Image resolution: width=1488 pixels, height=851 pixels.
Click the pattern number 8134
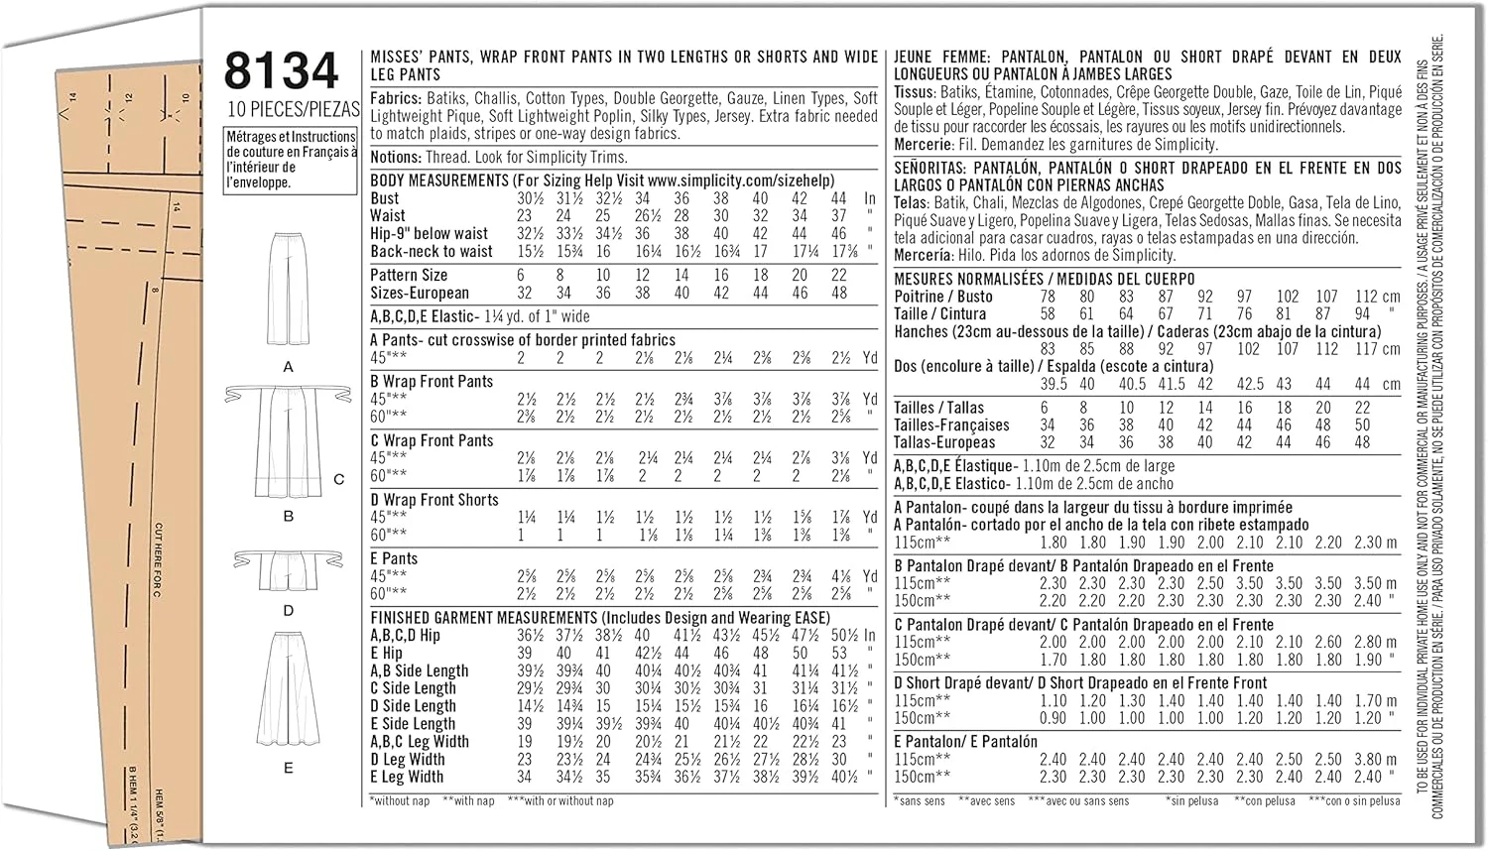click(x=282, y=72)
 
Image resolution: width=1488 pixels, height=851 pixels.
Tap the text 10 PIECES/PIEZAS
click(x=291, y=109)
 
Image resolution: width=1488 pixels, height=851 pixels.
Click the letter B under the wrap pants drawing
click(x=289, y=516)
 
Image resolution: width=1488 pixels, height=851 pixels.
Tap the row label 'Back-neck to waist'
click(x=432, y=252)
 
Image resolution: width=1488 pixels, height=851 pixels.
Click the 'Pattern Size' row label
click(x=409, y=275)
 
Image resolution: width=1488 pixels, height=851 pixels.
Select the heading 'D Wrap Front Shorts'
click(x=434, y=500)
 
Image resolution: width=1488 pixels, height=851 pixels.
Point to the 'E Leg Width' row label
click(x=407, y=778)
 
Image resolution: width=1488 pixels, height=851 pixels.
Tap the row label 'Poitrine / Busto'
click(x=942, y=297)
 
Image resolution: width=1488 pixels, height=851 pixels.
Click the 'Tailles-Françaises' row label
click(x=950, y=425)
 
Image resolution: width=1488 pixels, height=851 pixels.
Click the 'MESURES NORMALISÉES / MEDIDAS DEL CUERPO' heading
click(x=1044, y=279)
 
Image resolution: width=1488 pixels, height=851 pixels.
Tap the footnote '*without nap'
click(x=399, y=800)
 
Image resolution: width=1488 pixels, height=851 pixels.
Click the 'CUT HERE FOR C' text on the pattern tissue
click(x=158, y=560)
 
